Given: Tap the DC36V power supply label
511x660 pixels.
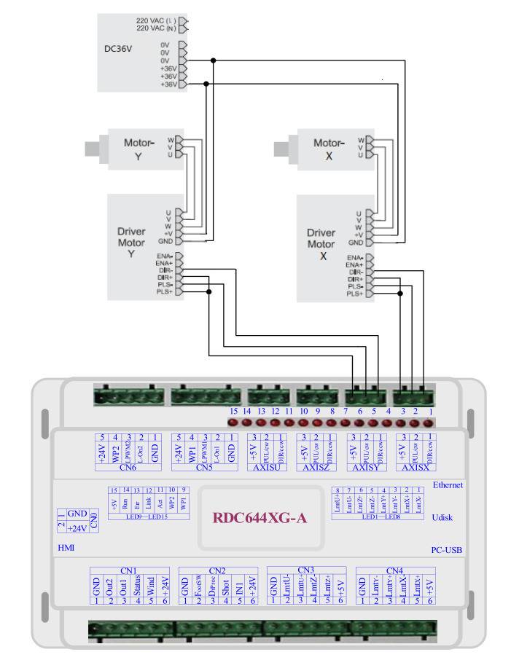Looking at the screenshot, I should pos(119,50).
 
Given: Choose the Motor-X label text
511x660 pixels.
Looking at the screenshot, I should pos(328,149).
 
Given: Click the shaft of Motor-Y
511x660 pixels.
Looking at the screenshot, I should pos(93,149).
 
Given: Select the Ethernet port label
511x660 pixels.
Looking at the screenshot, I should pos(448,484).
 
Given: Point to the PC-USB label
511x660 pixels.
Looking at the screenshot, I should pos(445,551).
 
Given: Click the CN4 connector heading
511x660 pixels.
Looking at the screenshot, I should pos(394,570).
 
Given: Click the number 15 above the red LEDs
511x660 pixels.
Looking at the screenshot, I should pos(234,412).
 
